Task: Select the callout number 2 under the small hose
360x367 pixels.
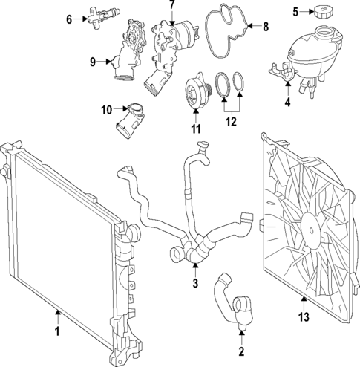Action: tap(241, 349)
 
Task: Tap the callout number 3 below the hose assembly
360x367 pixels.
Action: tap(194, 284)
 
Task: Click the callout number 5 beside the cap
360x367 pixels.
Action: tap(295, 12)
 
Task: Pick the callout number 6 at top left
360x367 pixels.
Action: tap(70, 19)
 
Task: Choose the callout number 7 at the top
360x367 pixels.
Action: tap(171, 5)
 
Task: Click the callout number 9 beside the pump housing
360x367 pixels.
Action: tap(93, 62)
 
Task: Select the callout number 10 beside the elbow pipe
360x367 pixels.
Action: tap(106, 110)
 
